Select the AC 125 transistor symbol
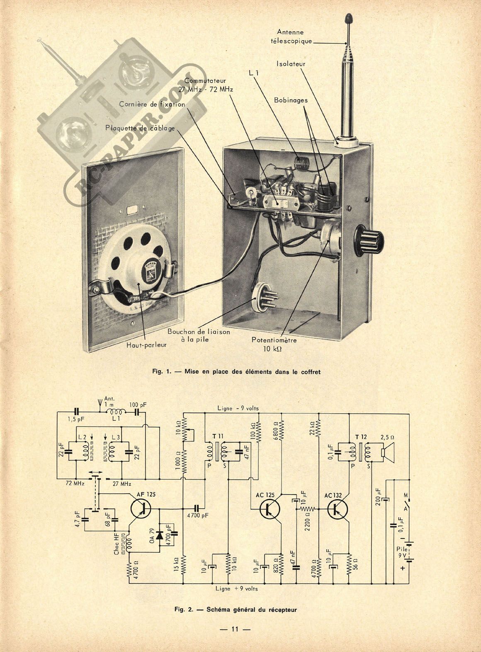tap(270, 509)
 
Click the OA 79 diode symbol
tap(159, 532)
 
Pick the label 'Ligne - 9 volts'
tap(238, 408)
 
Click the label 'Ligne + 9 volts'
tap(236, 588)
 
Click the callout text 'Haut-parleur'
tap(146, 344)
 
